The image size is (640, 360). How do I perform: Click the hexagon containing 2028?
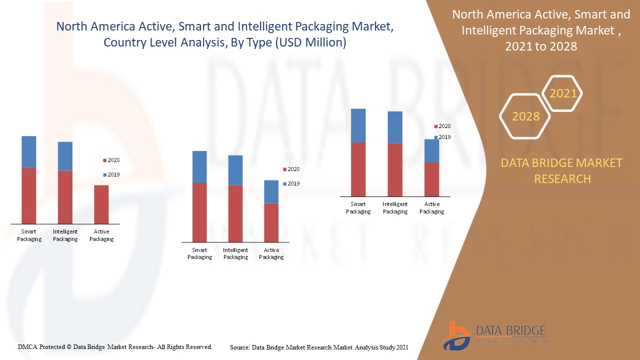(x=525, y=116)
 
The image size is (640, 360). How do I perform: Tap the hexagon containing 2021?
(x=562, y=93)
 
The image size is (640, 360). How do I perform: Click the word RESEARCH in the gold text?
(x=562, y=178)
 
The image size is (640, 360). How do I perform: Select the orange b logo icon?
(x=455, y=335)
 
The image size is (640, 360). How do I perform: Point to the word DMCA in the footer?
(x=28, y=346)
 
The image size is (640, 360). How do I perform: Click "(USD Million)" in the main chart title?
(x=310, y=42)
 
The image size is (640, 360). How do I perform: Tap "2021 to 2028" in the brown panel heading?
(x=541, y=46)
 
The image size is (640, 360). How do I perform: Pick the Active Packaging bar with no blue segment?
(x=101, y=204)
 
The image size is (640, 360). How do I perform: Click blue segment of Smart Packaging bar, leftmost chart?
(x=29, y=152)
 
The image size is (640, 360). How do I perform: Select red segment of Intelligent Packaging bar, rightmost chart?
(x=395, y=169)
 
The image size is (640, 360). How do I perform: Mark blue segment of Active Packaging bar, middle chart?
(x=271, y=191)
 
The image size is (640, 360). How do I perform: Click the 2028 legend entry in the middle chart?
(x=291, y=169)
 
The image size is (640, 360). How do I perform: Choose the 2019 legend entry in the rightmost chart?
(x=442, y=137)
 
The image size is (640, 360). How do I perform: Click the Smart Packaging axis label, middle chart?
(x=199, y=253)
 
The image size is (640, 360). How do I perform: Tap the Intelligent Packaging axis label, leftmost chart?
(x=65, y=235)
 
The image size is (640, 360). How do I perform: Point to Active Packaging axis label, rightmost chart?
(x=431, y=207)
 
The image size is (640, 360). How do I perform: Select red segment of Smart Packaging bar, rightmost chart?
(x=358, y=169)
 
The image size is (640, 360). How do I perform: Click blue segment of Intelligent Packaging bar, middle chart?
(x=235, y=170)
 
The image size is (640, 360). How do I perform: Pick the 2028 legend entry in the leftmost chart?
(x=111, y=160)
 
